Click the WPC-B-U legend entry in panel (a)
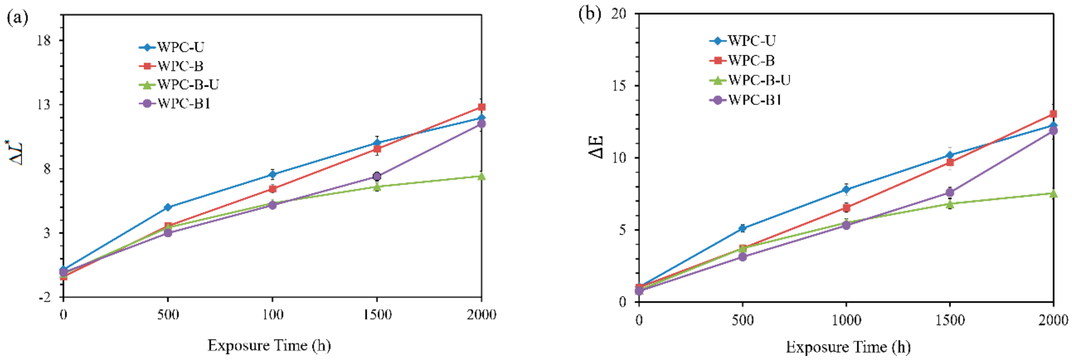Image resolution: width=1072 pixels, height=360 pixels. click(x=179, y=85)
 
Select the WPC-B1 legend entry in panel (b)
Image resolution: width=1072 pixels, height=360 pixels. click(x=745, y=100)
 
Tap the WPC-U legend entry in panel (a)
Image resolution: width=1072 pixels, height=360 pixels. click(x=171, y=47)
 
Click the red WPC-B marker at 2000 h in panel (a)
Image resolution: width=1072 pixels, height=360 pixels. click(x=482, y=107)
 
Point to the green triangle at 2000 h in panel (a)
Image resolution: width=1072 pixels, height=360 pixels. click(x=482, y=176)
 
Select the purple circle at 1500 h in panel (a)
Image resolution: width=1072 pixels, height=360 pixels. click(x=377, y=176)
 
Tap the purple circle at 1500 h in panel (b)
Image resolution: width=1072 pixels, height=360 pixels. click(x=950, y=192)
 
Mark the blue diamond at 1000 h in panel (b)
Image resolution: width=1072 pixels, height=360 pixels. click(x=846, y=190)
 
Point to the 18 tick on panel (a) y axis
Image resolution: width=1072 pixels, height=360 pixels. click(x=44, y=40)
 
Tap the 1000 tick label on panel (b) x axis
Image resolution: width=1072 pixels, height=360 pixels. click(x=846, y=320)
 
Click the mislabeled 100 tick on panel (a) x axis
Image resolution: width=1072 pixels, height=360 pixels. click(x=273, y=315)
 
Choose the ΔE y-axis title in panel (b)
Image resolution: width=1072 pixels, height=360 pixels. click(x=596, y=147)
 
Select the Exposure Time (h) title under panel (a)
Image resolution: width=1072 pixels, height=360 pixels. click(x=269, y=345)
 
